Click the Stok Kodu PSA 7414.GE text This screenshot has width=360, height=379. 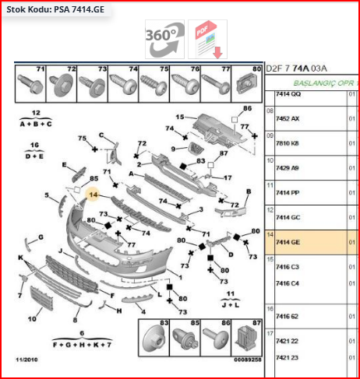[54, 10]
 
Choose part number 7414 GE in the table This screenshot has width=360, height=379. [288, 243]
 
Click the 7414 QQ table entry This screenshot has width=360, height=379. [288, 94]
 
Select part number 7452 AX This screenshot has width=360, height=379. [288, 118]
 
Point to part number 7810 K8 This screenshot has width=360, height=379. [288, 144]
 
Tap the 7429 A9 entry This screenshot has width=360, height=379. [288, 168]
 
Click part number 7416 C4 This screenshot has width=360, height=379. [288, 283]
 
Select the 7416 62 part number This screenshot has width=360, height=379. [288, 317]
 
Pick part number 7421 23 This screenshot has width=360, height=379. [288, 357]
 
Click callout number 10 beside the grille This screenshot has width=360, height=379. [33, 318]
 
